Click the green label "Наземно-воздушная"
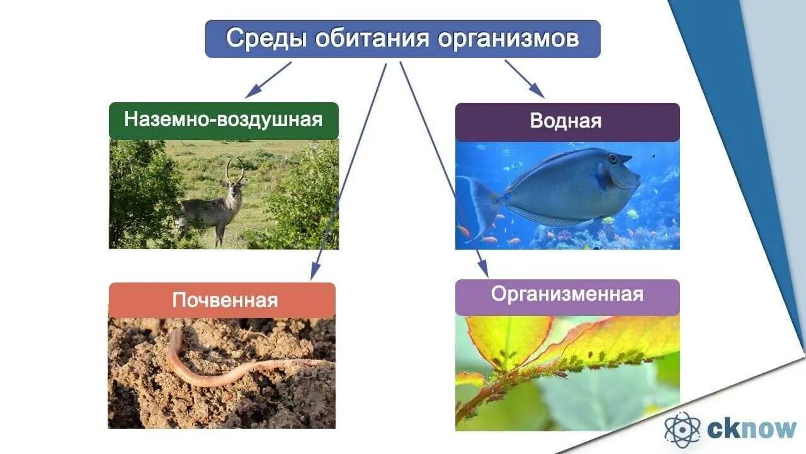pyautogui.click(x=224, y=120)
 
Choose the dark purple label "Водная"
pyautogui.click(x=567, y=121)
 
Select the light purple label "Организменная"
pyautogui.click(x=567, y=294)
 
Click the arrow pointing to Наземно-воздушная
pyautogui.click(x=268, y=79)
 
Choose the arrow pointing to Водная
pyautogui.click(x=525, y=79)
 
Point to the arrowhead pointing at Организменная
pyautogui.click(x=483, y=269)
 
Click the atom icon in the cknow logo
pyautogui.click(x=683, y=429)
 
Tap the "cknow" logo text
pyautogui.click(x=752, y=429)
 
